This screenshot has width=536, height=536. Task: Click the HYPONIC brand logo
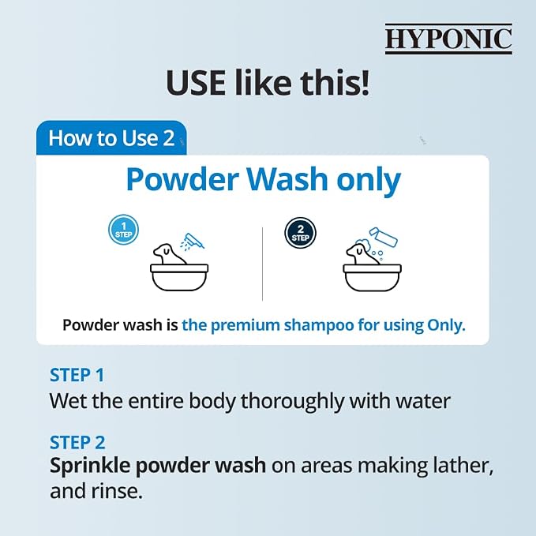pyautogui.click(x=448, y=39)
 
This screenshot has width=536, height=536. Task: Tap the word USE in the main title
pyautogui.click(x=196, y=83)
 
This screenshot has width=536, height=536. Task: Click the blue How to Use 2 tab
pyautogui.click(x=111, y=138)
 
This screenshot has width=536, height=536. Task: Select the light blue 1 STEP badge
pyautogui.click(x=123, y=230)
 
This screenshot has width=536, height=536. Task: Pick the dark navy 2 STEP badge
pyautogui.click(x=300, y=233)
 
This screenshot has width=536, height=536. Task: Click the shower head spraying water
pyautogui.click(x=193, y=241)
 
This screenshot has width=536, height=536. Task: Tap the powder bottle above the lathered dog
pyautogui.click(x=384, y=237)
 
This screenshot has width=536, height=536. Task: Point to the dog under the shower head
pyautogui.click(x=168, y=254)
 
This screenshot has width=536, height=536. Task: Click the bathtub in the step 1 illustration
pyautogui.click(x=179, y=277)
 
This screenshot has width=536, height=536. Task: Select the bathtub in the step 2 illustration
pyautogui.click(x=372, y=277)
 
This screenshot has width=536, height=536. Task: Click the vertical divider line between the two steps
pyautogui.click(x=263, y=264)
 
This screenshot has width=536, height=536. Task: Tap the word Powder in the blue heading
pyautogui.click(x=182, y=180)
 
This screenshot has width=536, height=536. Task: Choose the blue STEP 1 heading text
pyautogui.click(x=77, y=375)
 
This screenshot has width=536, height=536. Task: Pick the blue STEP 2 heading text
pyautogui.click(x=77, y=442)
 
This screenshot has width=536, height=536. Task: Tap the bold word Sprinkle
pyautogui.click(x=90, y=466)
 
